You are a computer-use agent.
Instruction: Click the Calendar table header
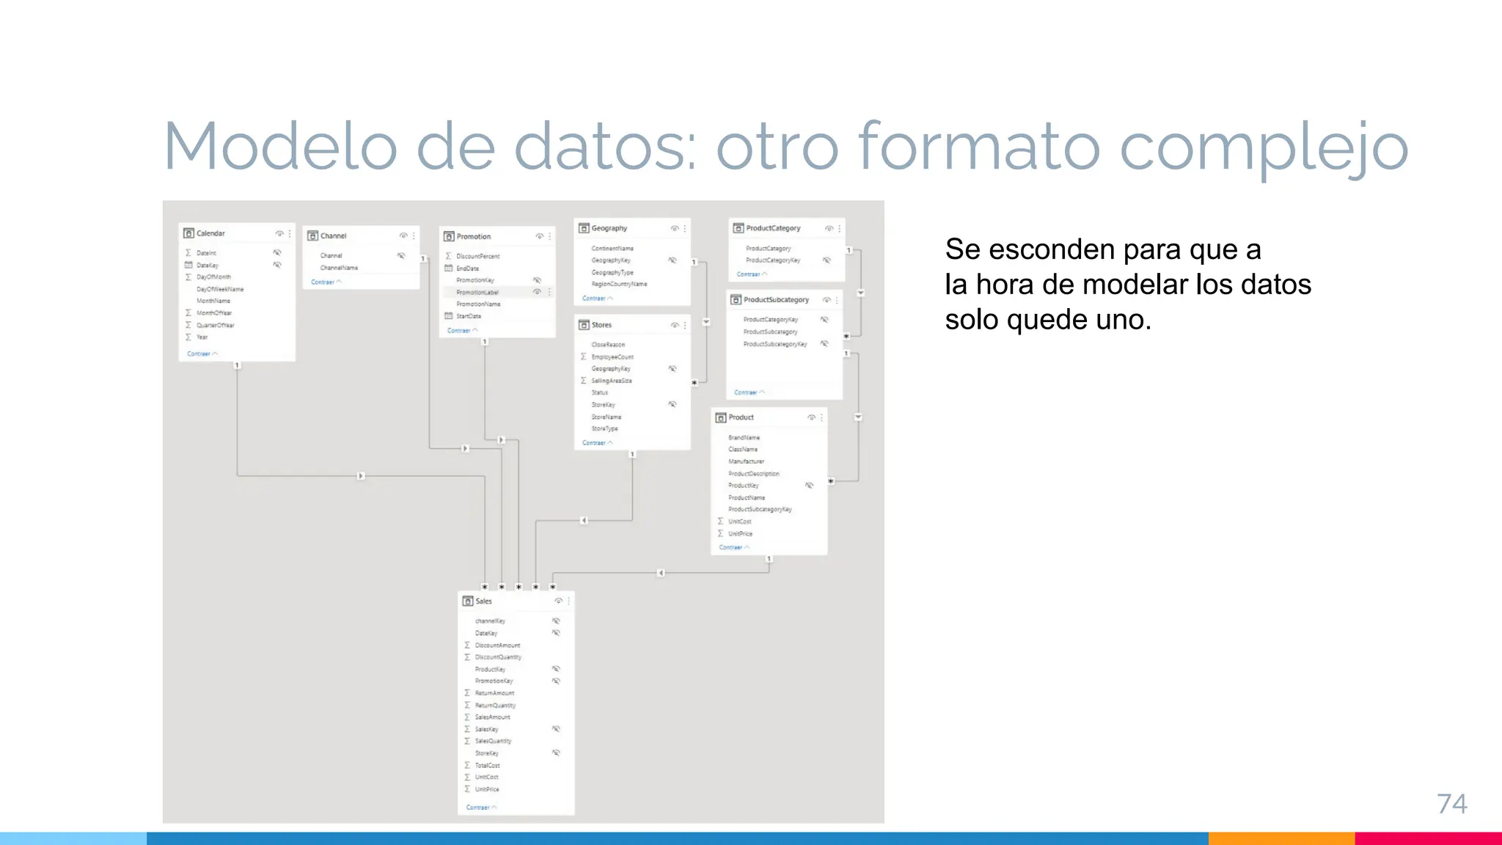coord(210,233)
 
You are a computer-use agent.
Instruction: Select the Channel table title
coord(333,235)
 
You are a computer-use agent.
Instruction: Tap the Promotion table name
coord(473,236)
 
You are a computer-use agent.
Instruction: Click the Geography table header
coord(609,228)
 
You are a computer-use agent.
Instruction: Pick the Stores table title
coord(601,324)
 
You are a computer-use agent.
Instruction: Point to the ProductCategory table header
coord(773,228)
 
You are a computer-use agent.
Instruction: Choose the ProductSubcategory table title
coord(776,299)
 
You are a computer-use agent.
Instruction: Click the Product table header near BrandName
coord(741,417)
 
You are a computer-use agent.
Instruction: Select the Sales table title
coord(483,601)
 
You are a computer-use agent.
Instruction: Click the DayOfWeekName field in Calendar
coord(220,289)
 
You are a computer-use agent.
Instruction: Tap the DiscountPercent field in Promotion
coord(477,256)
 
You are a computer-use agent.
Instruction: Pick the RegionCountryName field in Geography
coord(619,284)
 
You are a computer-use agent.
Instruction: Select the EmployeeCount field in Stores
coord(612,356)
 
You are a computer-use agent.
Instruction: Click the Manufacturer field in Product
coord(746,461)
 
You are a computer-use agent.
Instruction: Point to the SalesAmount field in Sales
coord(492,717)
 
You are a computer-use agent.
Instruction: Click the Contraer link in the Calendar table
coord(199,354)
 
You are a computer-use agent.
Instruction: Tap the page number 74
coord(1451,804)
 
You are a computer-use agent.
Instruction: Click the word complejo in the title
coord(1263,147)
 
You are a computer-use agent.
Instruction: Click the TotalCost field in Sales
coord(487,765)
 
